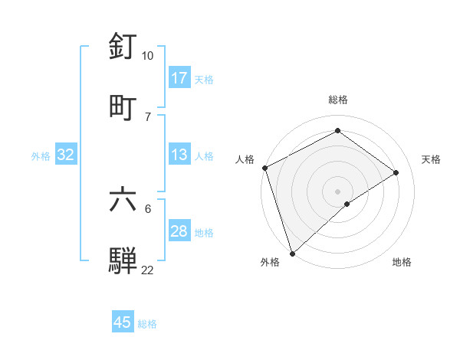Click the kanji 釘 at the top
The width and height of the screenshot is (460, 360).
tap(123, 47)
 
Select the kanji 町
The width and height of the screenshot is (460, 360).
tap(123, 107)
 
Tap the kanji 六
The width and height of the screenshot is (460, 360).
tap(123, 199)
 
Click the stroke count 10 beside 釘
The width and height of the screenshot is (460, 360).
tap(148, 56)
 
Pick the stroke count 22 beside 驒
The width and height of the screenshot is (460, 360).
tap(148, 270)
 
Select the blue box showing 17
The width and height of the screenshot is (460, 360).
tap(179, 78)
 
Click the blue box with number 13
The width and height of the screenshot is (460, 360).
tap(179, 155)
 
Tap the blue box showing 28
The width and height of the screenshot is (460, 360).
tap(179, 231)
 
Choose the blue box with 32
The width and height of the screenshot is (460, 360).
tap(66, 155)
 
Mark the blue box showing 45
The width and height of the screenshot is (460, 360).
tap(123, 322)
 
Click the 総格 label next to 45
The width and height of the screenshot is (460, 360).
tap(147, 324)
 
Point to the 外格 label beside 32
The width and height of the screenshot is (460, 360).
tap(41, 156)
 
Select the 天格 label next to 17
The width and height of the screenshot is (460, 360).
tap(203, 80)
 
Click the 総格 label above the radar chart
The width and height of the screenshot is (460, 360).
tap(338, 100)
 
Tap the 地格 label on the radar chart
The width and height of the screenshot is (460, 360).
tap(402, 262)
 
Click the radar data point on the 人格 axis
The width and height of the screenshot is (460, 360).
tap(264, 168)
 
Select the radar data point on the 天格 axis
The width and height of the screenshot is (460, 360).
tap(396, 172)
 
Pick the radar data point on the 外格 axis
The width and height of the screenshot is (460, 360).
tap(292, 253)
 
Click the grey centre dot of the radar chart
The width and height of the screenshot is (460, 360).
tap(337, 191)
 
